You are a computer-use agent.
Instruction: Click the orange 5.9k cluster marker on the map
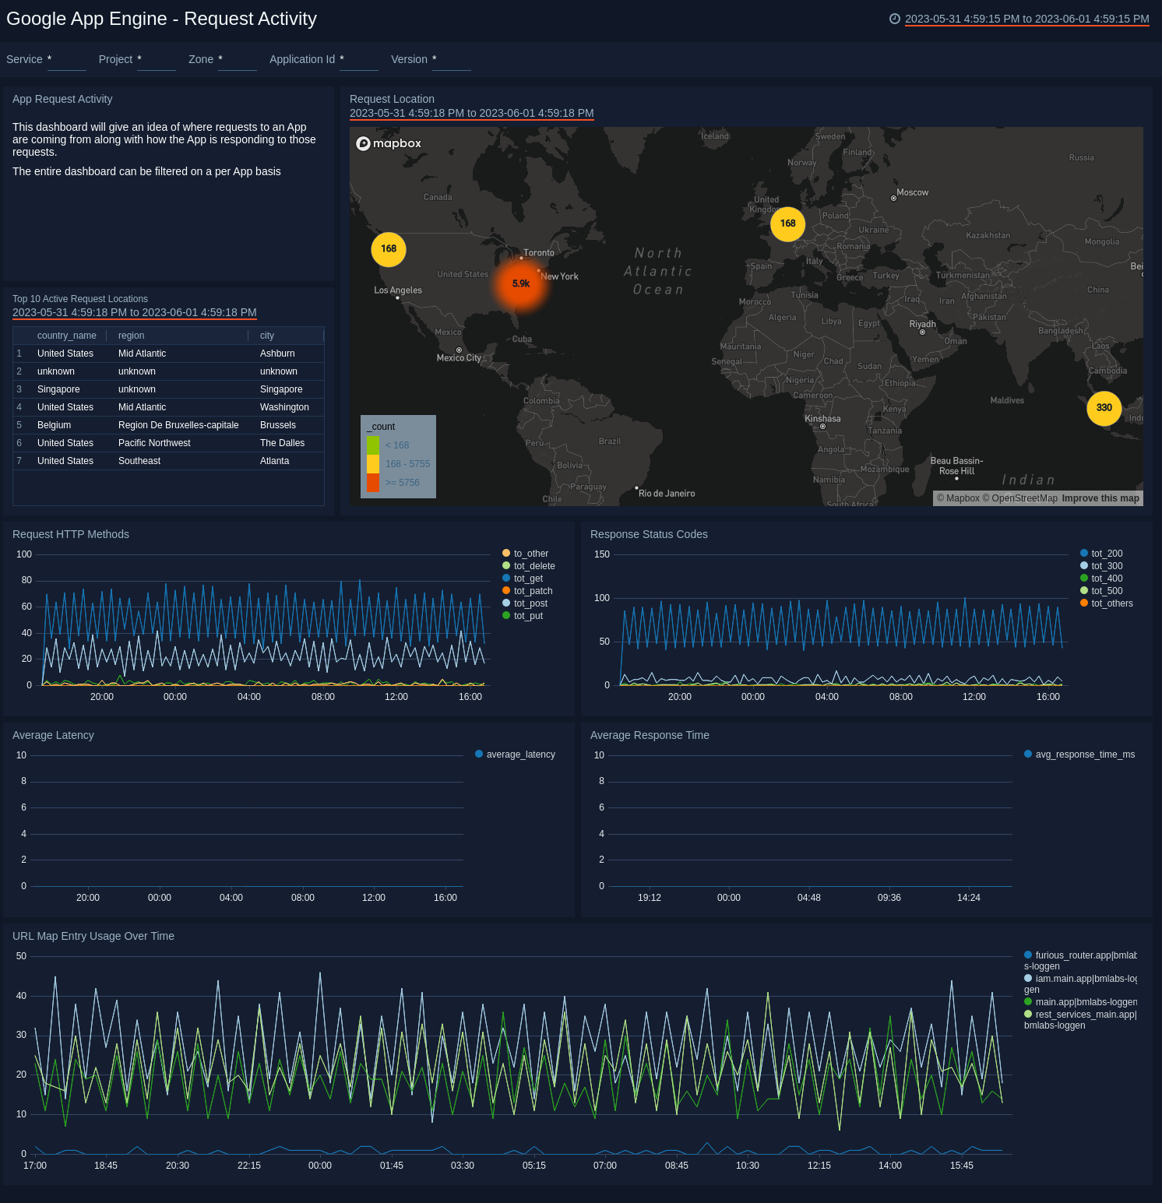(x=521, y=284)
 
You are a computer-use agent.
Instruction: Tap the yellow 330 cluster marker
(x=1104, y=408)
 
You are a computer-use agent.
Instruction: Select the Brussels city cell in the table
(x=278, y=425)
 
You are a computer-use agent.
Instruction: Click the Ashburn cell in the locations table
(x=277, y=354)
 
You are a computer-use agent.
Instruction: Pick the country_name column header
(x=67, y=336)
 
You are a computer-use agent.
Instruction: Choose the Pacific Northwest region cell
(x=154, y=443)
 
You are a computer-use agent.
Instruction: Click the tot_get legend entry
(x=528, y=579)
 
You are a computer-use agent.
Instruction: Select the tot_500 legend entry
(x=1106, y=591)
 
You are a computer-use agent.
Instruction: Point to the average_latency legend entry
(x=519, y=755)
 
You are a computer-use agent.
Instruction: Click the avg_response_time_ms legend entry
(x=1084, y=755)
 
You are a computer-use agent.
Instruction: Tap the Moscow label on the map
(x=912, y=192)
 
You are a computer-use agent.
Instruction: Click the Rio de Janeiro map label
(x=667, y=494)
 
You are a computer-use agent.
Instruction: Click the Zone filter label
(x=201, y=60)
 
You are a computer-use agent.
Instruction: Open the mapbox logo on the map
(x=389, y=143)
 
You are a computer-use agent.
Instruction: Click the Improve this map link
(x=1100, y=498)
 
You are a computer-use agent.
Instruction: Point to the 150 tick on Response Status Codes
(x=602, y=554)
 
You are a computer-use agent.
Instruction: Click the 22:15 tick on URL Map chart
(x=249, y=1166)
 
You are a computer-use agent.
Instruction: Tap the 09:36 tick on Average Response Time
(x=889, y=898)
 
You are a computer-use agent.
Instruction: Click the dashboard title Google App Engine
(x=161, y=19)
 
